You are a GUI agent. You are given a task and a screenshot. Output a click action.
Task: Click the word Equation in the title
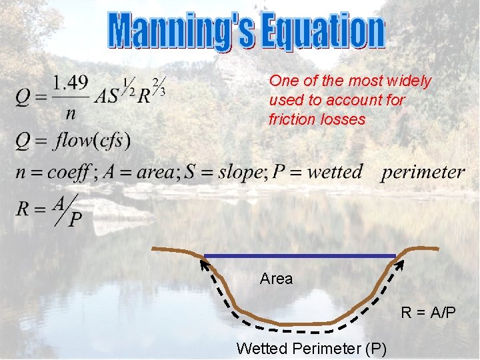(x=321, y=31)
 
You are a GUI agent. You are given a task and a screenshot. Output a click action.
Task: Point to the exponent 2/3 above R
(x=159, y=85)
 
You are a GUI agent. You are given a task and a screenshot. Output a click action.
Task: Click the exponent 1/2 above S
(x=127, y=87)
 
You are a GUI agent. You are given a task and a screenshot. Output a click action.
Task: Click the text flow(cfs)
(x=93, y=141)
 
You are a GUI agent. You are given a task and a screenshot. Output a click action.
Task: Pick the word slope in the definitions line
(x=234, y=172)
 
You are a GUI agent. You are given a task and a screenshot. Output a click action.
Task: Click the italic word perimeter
(x=423, y=172)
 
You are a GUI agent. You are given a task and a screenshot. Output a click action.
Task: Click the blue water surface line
(x=300, y=255)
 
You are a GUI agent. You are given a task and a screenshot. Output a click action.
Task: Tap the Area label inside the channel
(x=276, y=279)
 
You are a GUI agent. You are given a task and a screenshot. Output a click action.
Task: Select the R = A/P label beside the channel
(x=428, y=311)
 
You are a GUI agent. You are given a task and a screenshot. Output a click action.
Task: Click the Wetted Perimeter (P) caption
(x=311, y=347)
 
